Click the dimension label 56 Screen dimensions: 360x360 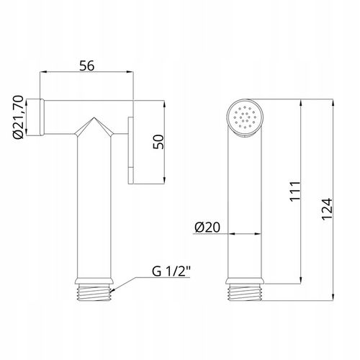[x=87, y=66]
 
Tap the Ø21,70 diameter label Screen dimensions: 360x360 [x=18, y=117]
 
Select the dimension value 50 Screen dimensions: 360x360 [x=158, y=142]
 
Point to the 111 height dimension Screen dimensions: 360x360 [x=294, y=192]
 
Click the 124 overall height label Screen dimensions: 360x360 [x=327, y=209]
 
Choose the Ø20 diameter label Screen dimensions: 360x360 [x=207, y=228]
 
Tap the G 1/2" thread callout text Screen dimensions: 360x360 [x=171, y=271]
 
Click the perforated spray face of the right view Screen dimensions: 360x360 [x=245, y=118]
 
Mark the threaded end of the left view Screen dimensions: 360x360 [x=94, y=292]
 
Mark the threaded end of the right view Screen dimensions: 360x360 [x=245, y=292]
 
